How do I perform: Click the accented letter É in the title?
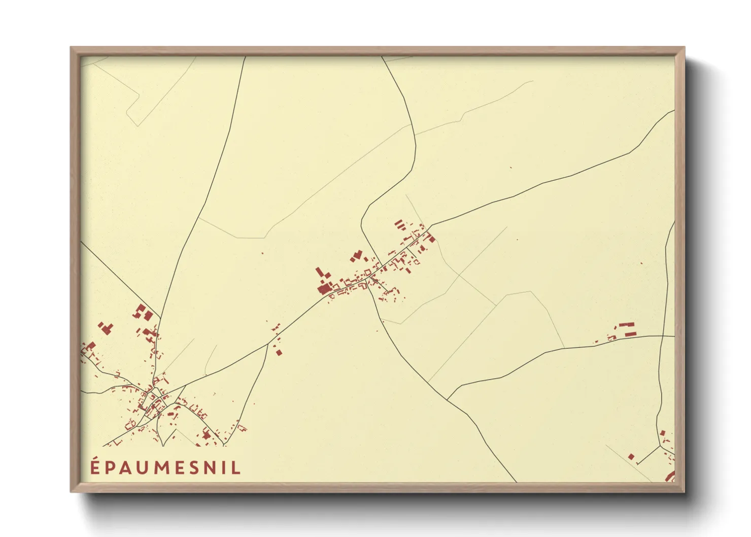(x=95, y=467)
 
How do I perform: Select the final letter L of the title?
(x=236, y=468)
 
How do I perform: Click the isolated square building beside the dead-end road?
(x=631, y=457)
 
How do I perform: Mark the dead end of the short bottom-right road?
(x=636, y=464)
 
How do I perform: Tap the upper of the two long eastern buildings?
(x=627, y=324)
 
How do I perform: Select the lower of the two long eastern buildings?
(x=630, y=333)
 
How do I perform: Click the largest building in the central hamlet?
(x=323, y=289)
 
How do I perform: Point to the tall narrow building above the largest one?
(x=320, y=273)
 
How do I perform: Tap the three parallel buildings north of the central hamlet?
(x=399, y=224)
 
